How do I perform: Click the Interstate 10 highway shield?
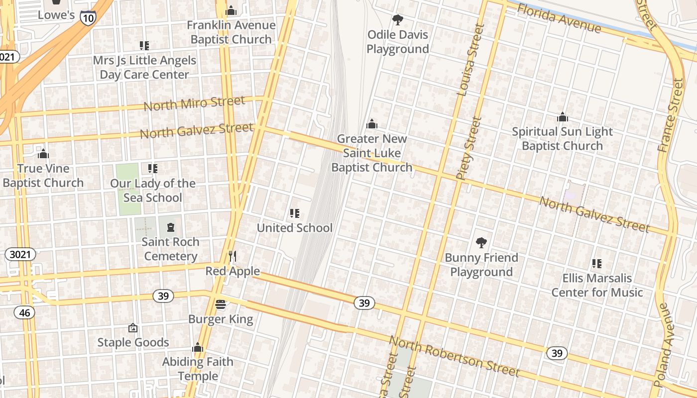click(x=88, y=17)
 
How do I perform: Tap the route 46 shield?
click(x=24, y=312)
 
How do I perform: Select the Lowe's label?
click(x=56, y=15)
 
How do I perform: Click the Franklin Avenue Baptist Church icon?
click(x=231, y=10)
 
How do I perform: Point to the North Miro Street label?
click(x=194, y=103)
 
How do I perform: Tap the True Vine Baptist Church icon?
click(x=43, y=154)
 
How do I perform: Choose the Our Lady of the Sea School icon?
click(x=153, y=169)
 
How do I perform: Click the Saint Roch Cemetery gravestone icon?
click(x=171, y=227)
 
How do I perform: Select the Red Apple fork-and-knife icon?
click(x=232, y=256)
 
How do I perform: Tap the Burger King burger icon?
click(x=221, y=304)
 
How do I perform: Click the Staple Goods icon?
click(x=133, y=328)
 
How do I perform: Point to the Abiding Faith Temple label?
click(x=198, y=369)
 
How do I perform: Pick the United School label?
click(x=294, y=228)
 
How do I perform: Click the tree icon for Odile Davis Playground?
click(x=397, y=20)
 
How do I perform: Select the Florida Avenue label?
click(x=559, y=18)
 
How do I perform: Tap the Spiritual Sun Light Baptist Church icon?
click(x=563, y=117)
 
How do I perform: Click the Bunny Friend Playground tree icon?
click(x=481, y=243)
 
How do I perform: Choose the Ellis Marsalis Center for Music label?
click(x=597, y=285)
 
